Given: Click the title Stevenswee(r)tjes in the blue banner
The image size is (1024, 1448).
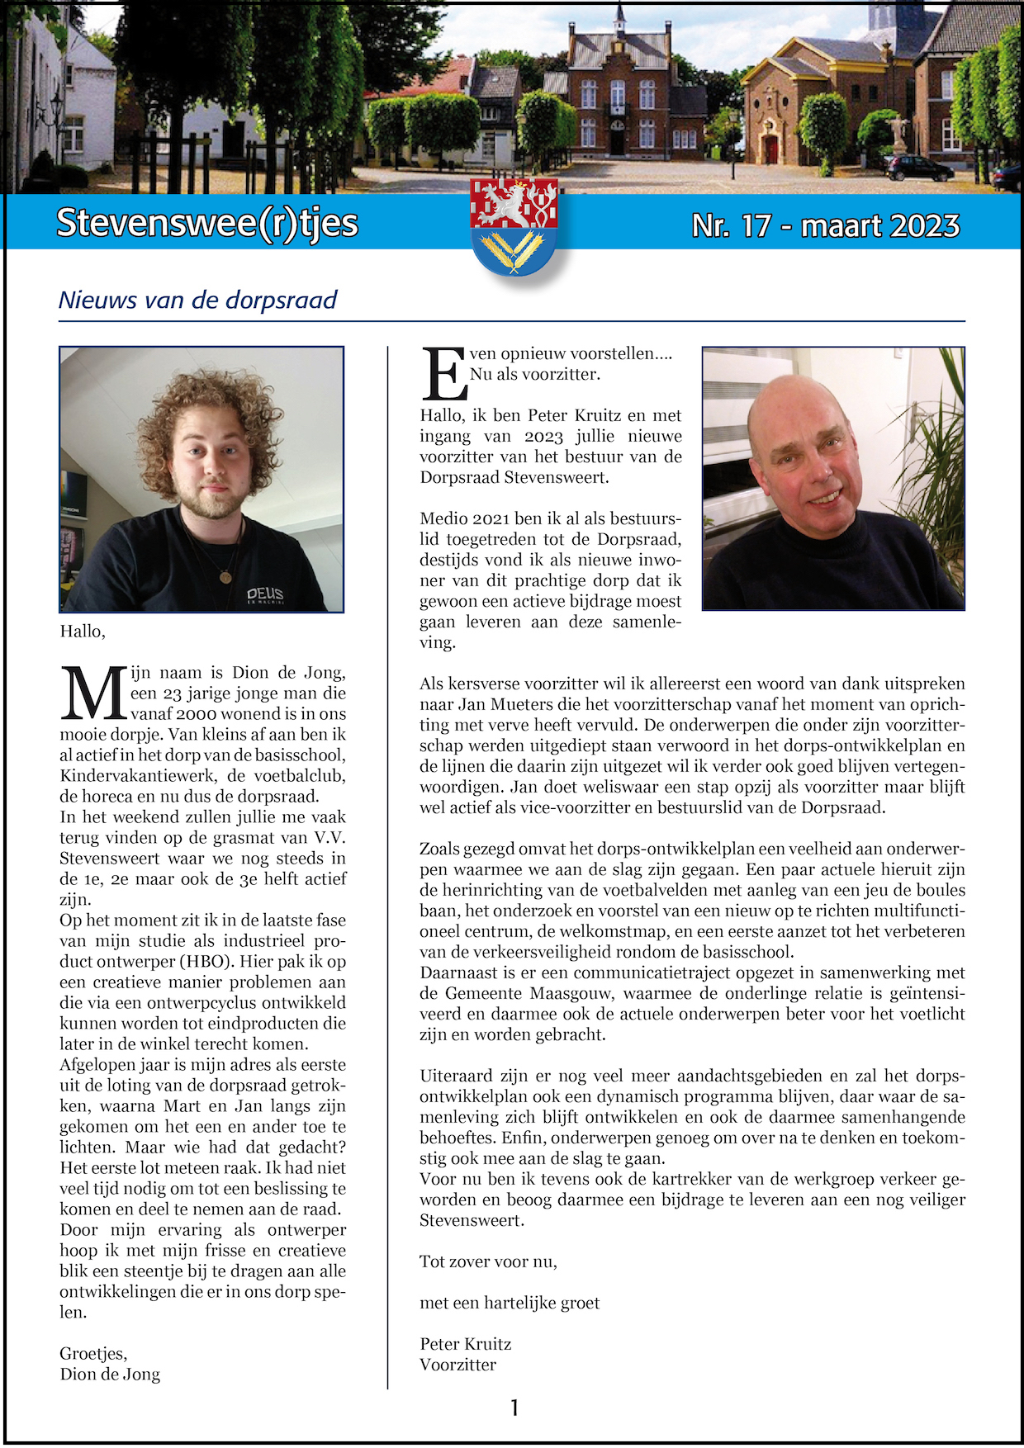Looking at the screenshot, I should [x=206, y=223].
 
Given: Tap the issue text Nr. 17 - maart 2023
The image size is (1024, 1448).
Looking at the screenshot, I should [x=825, y=225].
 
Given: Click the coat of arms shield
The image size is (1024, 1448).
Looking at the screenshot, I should [x=514, y=227].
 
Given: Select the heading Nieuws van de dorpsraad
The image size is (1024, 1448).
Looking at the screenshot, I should [x=197, y=300].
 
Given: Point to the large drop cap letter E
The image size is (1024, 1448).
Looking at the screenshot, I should [x=443, y=373].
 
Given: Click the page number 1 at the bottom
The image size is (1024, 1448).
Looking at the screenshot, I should [x=514, y=1408].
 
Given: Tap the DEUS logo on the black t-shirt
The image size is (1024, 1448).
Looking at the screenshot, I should [x=265, y=594].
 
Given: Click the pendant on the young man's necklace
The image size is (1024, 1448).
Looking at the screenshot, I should [x=225, y=576].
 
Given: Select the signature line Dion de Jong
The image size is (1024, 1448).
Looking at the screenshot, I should [x=110, y=1375].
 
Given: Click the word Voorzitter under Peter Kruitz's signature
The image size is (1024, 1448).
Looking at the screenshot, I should [x=457, y=1365].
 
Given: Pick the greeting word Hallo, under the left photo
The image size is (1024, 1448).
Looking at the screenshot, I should [x=83, y=632].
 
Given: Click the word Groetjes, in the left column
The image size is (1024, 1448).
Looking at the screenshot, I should [x=93, y=1354].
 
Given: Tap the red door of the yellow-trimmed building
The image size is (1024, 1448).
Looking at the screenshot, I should [x=771, y=149].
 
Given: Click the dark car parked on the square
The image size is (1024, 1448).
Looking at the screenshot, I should [x=919, y=168].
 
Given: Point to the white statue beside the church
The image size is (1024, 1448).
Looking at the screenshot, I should [x=897, y=132].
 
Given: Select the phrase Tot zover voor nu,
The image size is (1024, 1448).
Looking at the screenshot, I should [x=488, y=1261].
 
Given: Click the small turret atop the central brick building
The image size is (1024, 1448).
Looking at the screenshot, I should [x=619, y=21].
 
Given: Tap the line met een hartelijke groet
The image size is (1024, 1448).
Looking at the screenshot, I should [x=510, y=1303].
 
